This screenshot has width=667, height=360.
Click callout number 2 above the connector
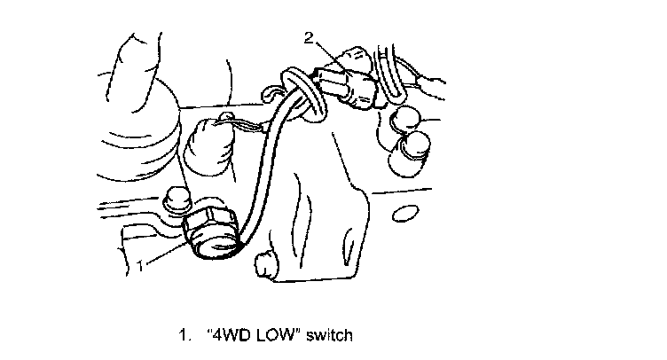point(308,37)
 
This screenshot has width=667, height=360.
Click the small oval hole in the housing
point(404,212)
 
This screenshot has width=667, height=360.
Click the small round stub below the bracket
point(263,262)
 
